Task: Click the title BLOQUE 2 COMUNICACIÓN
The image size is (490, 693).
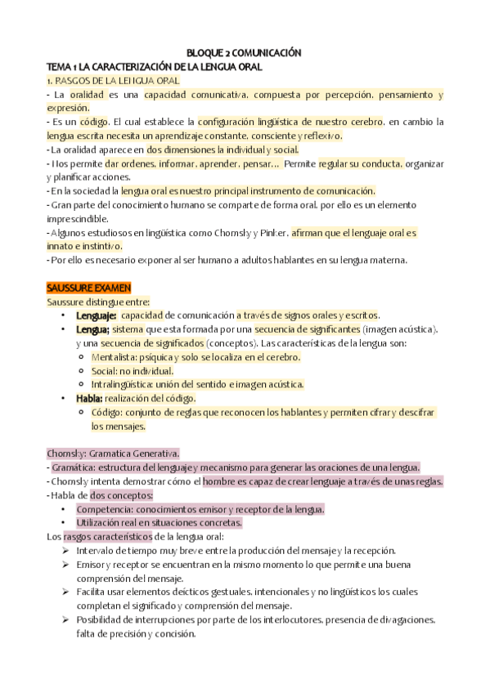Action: click(245, 52)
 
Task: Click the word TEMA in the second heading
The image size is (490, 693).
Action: click(59, 67)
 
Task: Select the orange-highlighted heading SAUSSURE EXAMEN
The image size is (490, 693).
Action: click(84, 287)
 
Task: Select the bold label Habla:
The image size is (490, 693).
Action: click(92, 399)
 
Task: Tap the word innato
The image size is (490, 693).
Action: click(61, 246)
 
